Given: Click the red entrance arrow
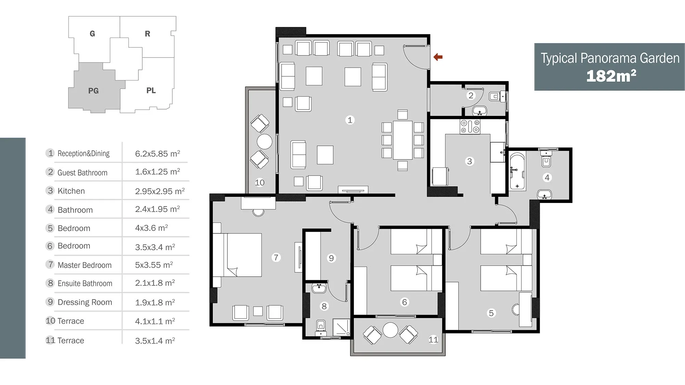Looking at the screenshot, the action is pyautogui.click(x=438, y=57).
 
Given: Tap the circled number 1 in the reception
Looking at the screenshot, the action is pyautogui.click(x=350, y=120).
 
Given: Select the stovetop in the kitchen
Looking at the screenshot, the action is pyautogui.click(x=470, y=126).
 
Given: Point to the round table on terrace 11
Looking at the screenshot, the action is pyautogui.click(x=390, y=330).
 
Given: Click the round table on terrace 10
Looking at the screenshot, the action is pyautogui.click(x=264, y=141).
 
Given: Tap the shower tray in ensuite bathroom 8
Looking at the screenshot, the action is pyautogui.click(x=341, y=327).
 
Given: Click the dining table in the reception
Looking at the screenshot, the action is pyautogui.click(x=402, y=140).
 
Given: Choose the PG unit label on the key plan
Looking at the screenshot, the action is pyautogui.click(x=94, y=91).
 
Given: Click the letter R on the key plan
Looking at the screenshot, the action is pyautogui.click(x=148, y=34).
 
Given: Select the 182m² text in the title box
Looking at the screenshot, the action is pyautogui.click(x=611, y=76).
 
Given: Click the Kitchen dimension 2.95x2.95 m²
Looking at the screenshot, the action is pyautogui.click(x=160, y=191).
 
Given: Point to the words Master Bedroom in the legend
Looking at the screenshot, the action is pyautogui.click(x=85, y=265).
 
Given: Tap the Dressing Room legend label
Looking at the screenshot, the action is pyautogui.click(x=85, y=302).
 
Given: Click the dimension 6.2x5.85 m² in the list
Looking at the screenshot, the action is pyautogui.click(x=158, y=153).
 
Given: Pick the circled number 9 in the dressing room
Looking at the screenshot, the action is pyautogui.click(x=331, y=258).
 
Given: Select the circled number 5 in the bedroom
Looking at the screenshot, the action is pyautogui.click(x=491, y=313).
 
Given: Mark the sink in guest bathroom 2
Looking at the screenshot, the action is pyautogui.click(x=480, y=111).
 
